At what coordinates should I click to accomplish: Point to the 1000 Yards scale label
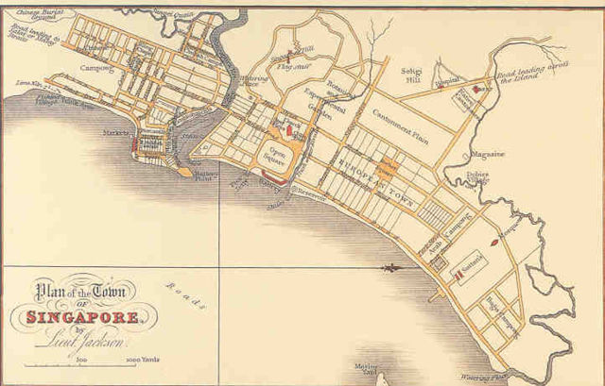[x=127, y=361]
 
